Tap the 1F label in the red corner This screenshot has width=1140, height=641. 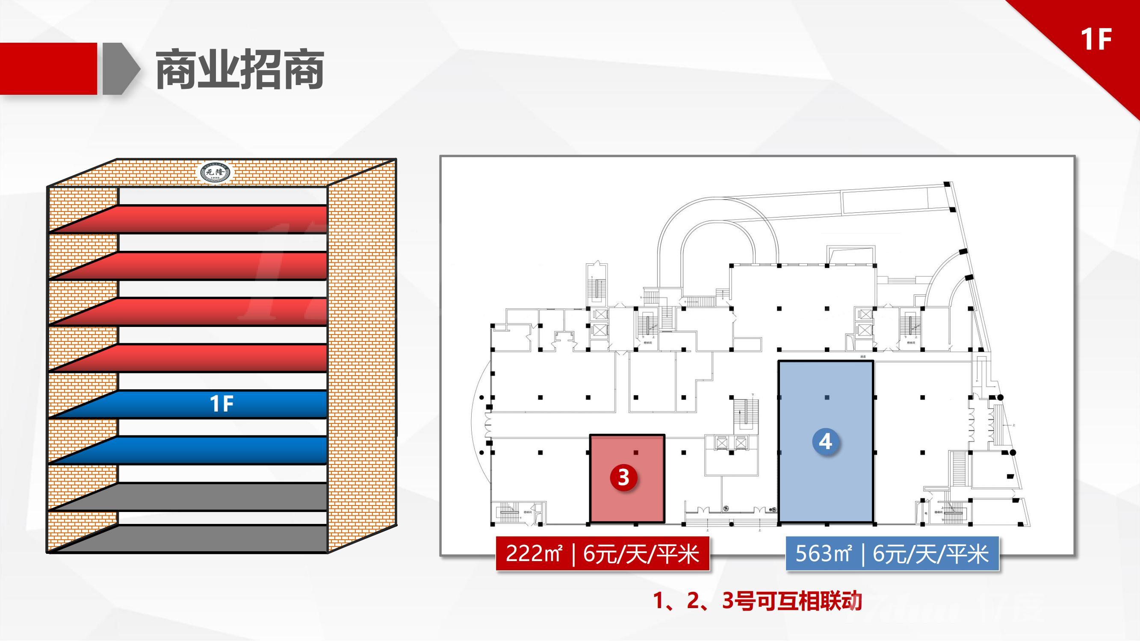1096,39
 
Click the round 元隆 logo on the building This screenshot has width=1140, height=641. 216,173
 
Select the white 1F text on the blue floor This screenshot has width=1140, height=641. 221,404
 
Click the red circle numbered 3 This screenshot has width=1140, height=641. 623,477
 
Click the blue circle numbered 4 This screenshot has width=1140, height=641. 825,442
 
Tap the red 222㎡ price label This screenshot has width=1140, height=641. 602,553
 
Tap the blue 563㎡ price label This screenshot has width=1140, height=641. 892,553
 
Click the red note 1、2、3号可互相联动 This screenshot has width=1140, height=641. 757,602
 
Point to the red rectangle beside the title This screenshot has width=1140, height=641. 48,68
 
